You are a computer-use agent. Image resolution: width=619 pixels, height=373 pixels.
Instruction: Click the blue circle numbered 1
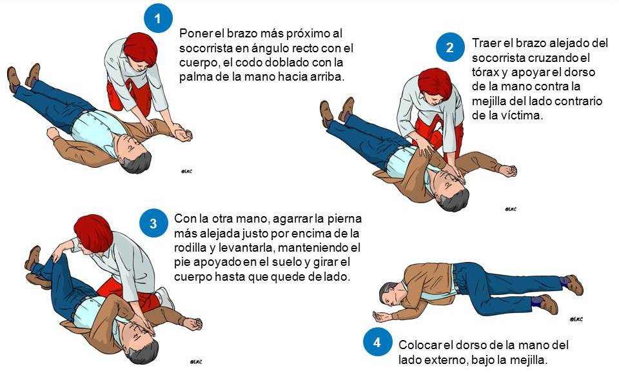(x=158, y=18)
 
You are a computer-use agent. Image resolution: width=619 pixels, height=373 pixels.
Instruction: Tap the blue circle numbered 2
(x=450, y=47)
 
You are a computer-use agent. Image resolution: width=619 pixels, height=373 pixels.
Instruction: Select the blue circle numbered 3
(x=153, y=223)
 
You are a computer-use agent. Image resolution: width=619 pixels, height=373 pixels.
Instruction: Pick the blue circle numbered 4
(x=377, y=342)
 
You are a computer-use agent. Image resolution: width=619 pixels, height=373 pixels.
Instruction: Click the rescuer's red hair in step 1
(x=141, y=49)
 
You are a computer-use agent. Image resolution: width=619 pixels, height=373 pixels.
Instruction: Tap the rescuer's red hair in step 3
(x=93, y=233)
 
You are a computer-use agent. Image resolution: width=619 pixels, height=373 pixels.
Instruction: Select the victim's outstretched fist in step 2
(x=509, y=171)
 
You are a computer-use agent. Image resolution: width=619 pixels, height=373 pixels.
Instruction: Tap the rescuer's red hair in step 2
(x=435, y=84)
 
